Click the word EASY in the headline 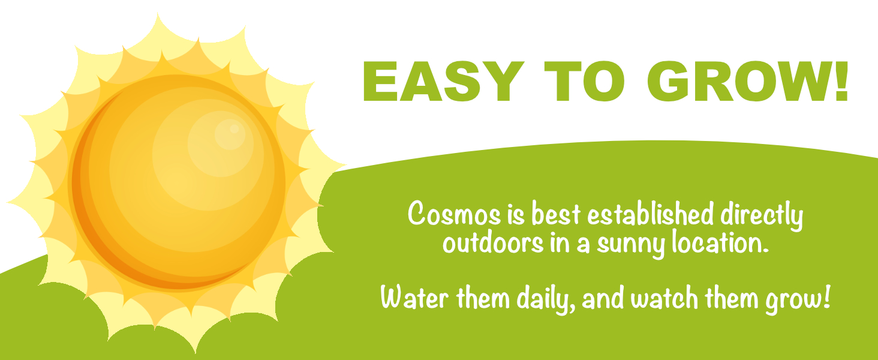443,82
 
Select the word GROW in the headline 737,82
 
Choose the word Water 414,297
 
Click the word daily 546,299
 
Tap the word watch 664,297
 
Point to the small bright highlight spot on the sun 234,128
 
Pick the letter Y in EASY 502,82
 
